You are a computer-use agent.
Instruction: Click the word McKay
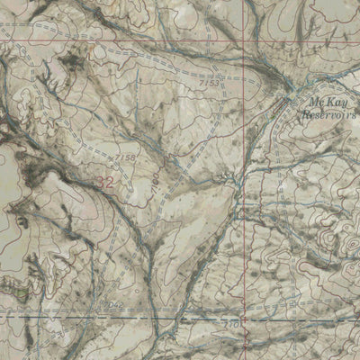pyautogui.click(x=325, y=103)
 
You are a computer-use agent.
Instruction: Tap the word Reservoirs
pyautogui.click(x=328, y=114)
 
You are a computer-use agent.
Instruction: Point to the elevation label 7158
pyautogui.click(x=126, y=157)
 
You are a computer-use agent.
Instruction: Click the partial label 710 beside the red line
pyautogui.click(x=232, y=320)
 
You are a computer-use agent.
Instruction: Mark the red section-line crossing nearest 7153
pyautogui.click(x=246, y=42)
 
